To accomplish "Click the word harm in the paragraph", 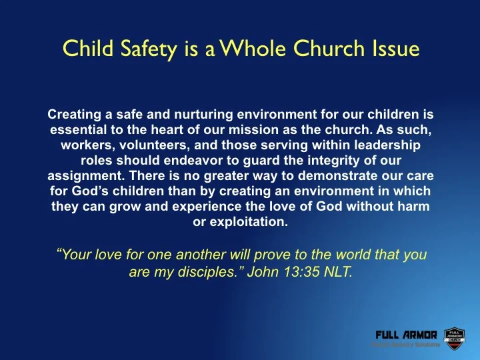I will pyautogui.click(x=414, y=207).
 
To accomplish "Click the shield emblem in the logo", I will pyautogui.click(x=453, y=337).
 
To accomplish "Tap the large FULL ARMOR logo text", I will pyautogui.click(x=406, y=334).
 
